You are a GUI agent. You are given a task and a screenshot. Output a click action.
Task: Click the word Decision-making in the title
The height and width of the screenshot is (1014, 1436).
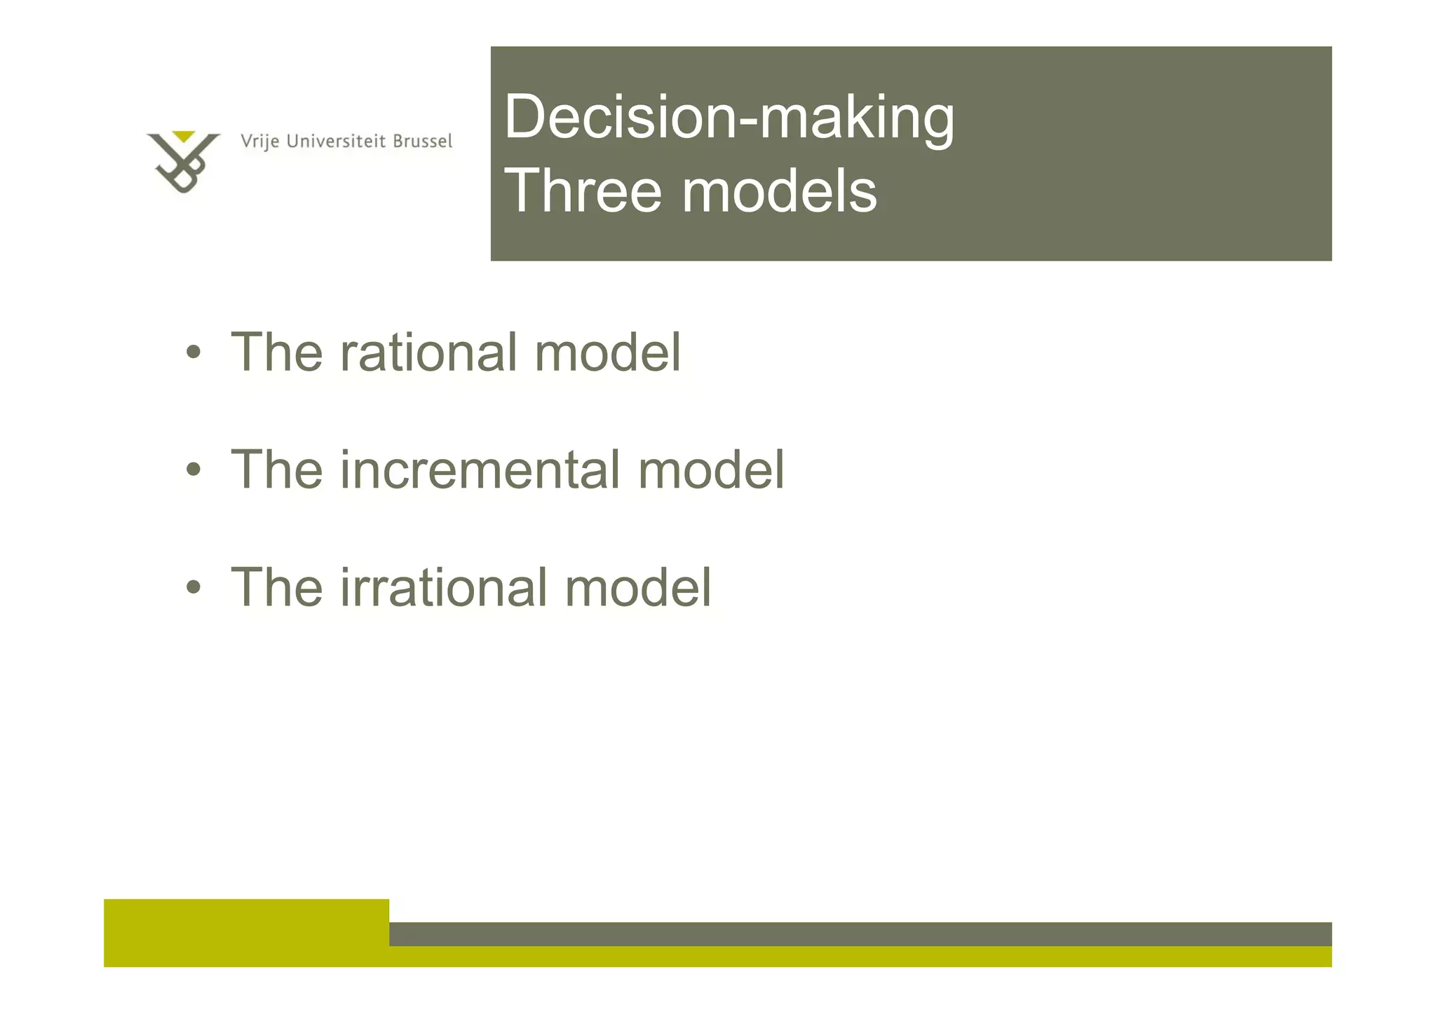729,118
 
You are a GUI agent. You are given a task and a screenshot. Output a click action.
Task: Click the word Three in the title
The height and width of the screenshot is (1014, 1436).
583,191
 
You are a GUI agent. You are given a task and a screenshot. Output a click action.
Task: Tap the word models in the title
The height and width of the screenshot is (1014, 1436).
779,191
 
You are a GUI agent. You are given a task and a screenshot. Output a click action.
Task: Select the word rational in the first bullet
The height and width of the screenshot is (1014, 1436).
428,352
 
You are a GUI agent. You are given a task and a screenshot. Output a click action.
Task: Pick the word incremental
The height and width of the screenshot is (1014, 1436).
480,470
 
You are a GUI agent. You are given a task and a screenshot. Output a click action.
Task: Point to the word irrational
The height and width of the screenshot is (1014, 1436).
443,587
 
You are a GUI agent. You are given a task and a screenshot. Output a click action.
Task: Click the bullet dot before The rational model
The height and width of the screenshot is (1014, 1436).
194,352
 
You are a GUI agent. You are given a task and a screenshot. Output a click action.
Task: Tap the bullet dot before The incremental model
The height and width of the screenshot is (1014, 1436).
194,470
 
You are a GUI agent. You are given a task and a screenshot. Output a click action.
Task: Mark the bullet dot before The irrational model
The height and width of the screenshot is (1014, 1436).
194,587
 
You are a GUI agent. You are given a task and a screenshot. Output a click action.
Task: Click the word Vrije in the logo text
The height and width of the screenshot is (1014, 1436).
260,142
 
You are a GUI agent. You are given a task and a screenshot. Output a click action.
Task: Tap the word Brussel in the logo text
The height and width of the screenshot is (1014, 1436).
422,142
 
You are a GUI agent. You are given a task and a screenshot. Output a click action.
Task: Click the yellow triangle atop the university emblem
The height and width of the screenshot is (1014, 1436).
184,136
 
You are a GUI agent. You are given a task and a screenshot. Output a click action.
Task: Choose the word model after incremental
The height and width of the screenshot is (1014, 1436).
711,470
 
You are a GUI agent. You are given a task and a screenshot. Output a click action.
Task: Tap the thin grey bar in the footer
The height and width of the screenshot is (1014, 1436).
860,933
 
